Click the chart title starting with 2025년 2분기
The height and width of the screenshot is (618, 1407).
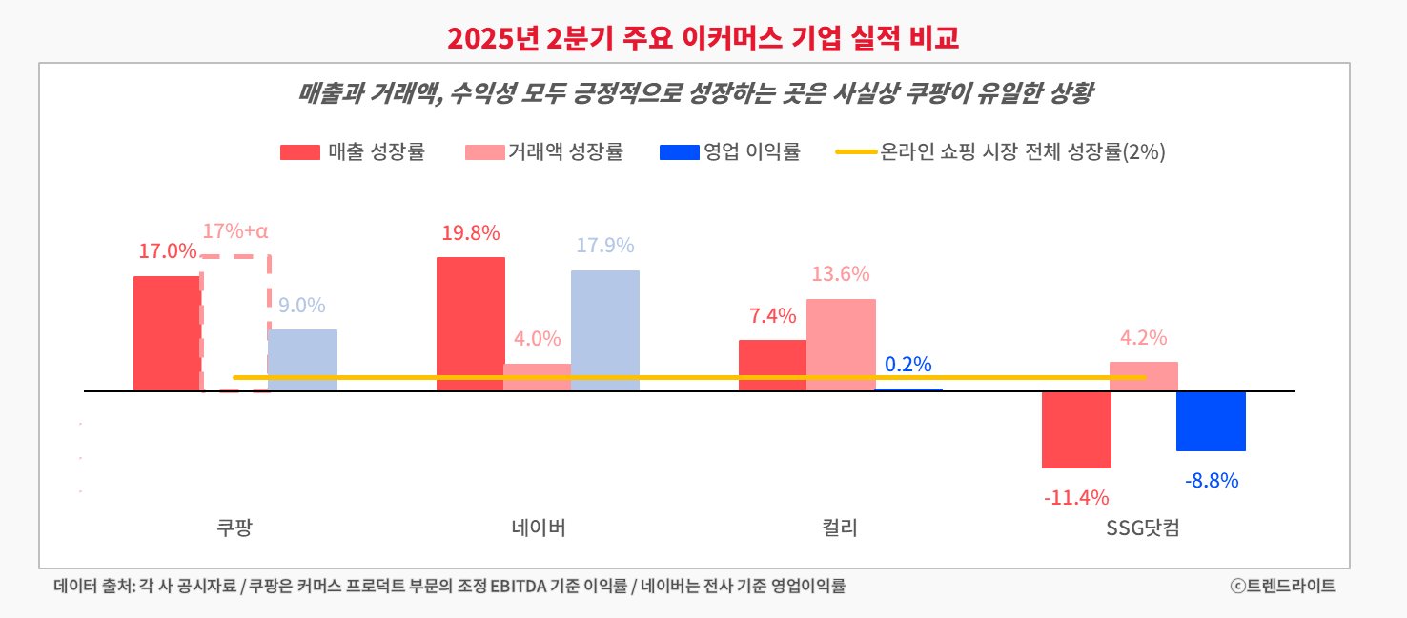click(703, 38)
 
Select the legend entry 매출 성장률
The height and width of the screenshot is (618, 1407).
click(353, 151)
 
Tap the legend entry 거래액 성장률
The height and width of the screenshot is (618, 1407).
click(544, 151)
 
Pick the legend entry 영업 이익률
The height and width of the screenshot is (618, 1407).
click(729, 151)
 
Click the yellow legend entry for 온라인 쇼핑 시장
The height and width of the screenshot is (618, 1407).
click(1001, 151)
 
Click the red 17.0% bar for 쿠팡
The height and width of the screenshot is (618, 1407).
click(167, 333)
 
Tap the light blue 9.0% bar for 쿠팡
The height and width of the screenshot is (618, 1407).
click(302, 360)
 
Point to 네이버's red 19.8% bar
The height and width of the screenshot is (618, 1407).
click(471, 324)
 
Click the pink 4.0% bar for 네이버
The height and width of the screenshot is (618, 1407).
click(538, 377)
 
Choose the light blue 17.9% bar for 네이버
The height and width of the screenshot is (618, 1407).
click(605, 330)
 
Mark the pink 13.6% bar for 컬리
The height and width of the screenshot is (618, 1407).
click(841, 345)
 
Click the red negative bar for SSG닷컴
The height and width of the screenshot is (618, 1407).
click(1076, 429)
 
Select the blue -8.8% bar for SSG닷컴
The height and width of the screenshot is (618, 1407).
click(1211, 421)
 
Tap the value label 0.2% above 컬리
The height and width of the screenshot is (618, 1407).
click(908, 365)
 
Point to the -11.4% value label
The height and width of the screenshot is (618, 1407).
click(1076, 497)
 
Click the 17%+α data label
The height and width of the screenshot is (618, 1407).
click(235, 230)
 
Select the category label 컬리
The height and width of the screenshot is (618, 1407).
click(841, 528)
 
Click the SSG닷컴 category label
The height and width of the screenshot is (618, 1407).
click(1143, 528)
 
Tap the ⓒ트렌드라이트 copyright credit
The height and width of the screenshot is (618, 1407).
click(1282, 586)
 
